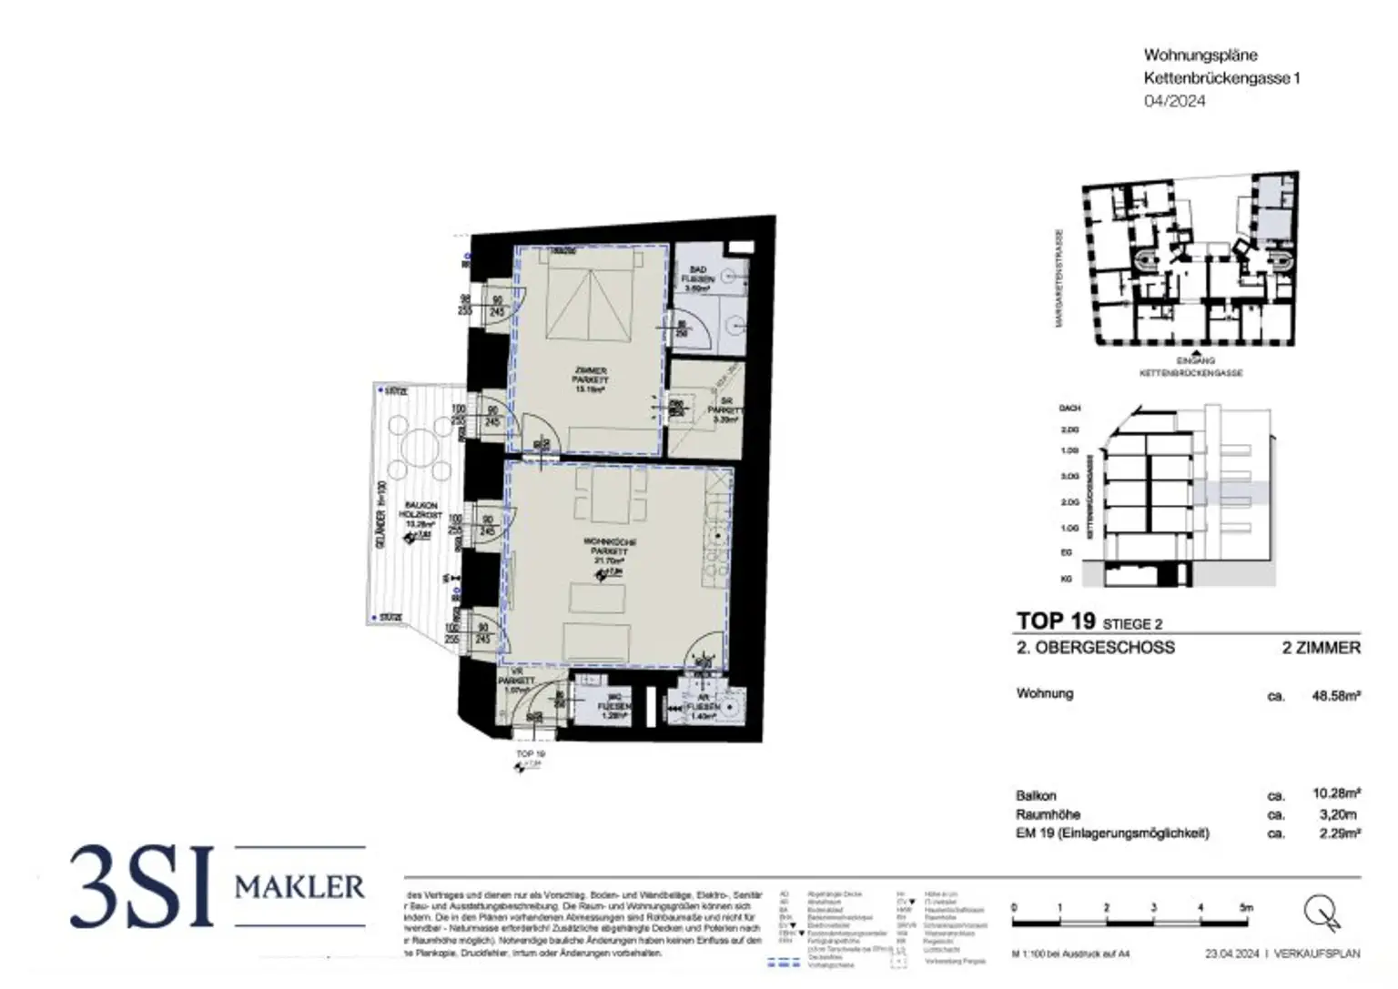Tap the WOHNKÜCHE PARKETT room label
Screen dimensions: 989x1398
click(609, 551)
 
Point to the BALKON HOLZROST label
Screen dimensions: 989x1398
click(420, 514)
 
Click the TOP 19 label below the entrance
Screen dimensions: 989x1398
click(530, 754)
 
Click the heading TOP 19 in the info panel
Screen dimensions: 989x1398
click(1055, 621)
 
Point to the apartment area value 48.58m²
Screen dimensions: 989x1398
click(1335, 696)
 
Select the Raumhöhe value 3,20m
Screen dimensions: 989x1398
click(1338, 814)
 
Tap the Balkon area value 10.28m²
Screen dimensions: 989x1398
click(1335, 794)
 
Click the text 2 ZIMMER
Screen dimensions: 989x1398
click(1321, 648)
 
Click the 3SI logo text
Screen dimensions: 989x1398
click(141, 887)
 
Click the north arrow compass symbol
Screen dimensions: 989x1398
click(1322, 913)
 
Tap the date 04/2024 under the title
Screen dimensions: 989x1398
click(1174, 101)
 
